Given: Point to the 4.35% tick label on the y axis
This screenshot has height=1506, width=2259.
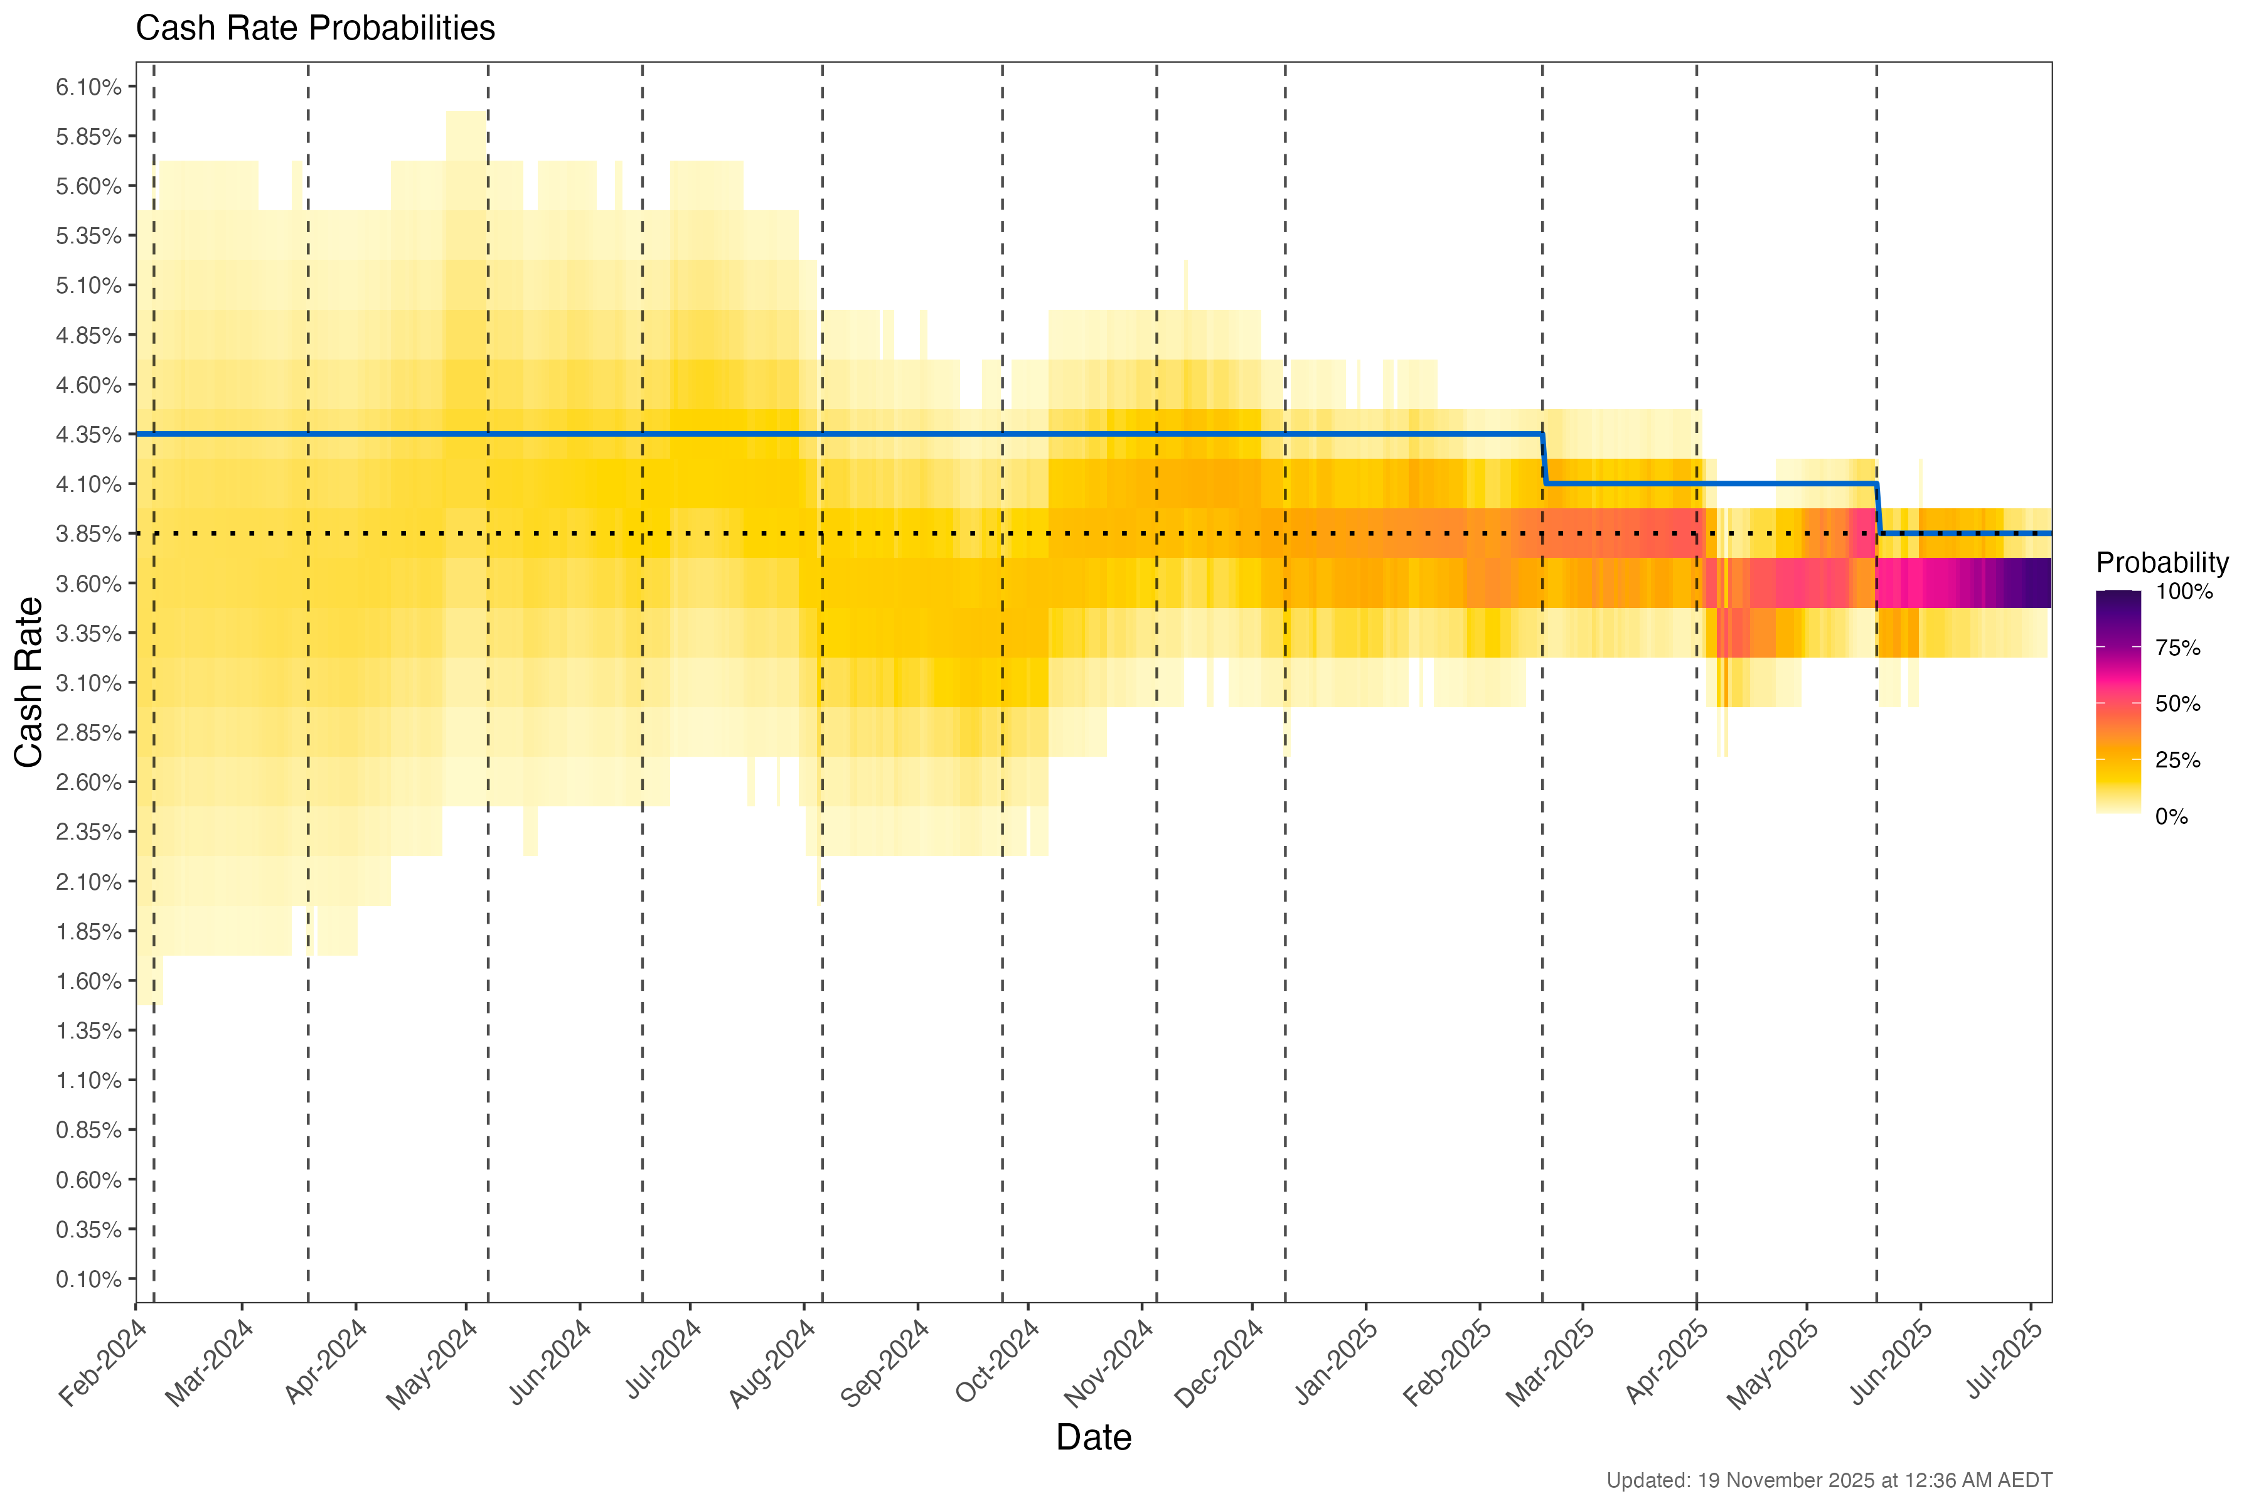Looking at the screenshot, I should click(x=88, y=435).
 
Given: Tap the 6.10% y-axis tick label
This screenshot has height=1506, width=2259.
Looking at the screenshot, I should click(x=88, y=87).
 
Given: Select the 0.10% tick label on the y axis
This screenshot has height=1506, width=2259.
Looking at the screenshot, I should click(x=88, y=1279).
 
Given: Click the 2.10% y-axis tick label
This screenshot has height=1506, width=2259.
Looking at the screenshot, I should click(x=88, y=882).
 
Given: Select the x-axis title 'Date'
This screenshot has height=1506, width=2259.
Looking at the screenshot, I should click(x=1093, y=1438).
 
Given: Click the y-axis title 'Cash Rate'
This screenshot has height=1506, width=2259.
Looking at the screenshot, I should click(x=29, y=682).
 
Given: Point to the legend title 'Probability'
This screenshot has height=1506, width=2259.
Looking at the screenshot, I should click(x=2162, y=563).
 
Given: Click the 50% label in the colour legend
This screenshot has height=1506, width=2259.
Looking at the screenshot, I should click(x=2177, y=704).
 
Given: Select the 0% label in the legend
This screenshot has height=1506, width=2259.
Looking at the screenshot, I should click(x=2172, y=818).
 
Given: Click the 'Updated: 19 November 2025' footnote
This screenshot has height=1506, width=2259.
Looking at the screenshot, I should click(x=1829, y=1481).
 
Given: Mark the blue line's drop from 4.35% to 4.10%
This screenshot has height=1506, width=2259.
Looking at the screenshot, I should click(x=1544, y=459).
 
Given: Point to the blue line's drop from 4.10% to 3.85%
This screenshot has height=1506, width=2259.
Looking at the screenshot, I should click(x=1879, y=509).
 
